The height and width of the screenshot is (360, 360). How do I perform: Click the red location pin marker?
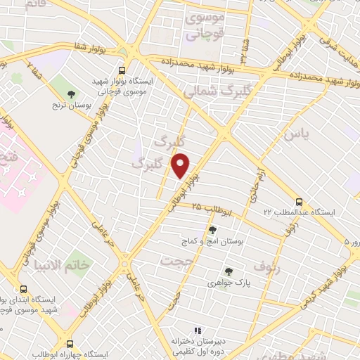click(x=181, y=165)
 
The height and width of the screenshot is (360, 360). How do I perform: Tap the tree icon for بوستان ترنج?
click(x=70, y=94)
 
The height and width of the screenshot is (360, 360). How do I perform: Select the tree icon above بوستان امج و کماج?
click(x=213, y=229)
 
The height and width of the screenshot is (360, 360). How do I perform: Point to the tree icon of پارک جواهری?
click(x=228, y=271)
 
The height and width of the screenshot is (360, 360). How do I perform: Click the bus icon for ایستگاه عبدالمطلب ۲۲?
click(x=300, y=200)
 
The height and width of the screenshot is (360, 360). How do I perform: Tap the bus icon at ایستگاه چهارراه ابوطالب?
click(x=70, y=344)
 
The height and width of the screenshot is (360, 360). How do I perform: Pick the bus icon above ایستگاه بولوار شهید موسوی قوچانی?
click(x=123, y=71)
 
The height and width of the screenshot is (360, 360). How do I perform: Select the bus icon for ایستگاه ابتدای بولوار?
click(x=24, y=289)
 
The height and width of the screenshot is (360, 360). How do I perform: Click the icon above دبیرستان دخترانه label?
click(x=198, y=330)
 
